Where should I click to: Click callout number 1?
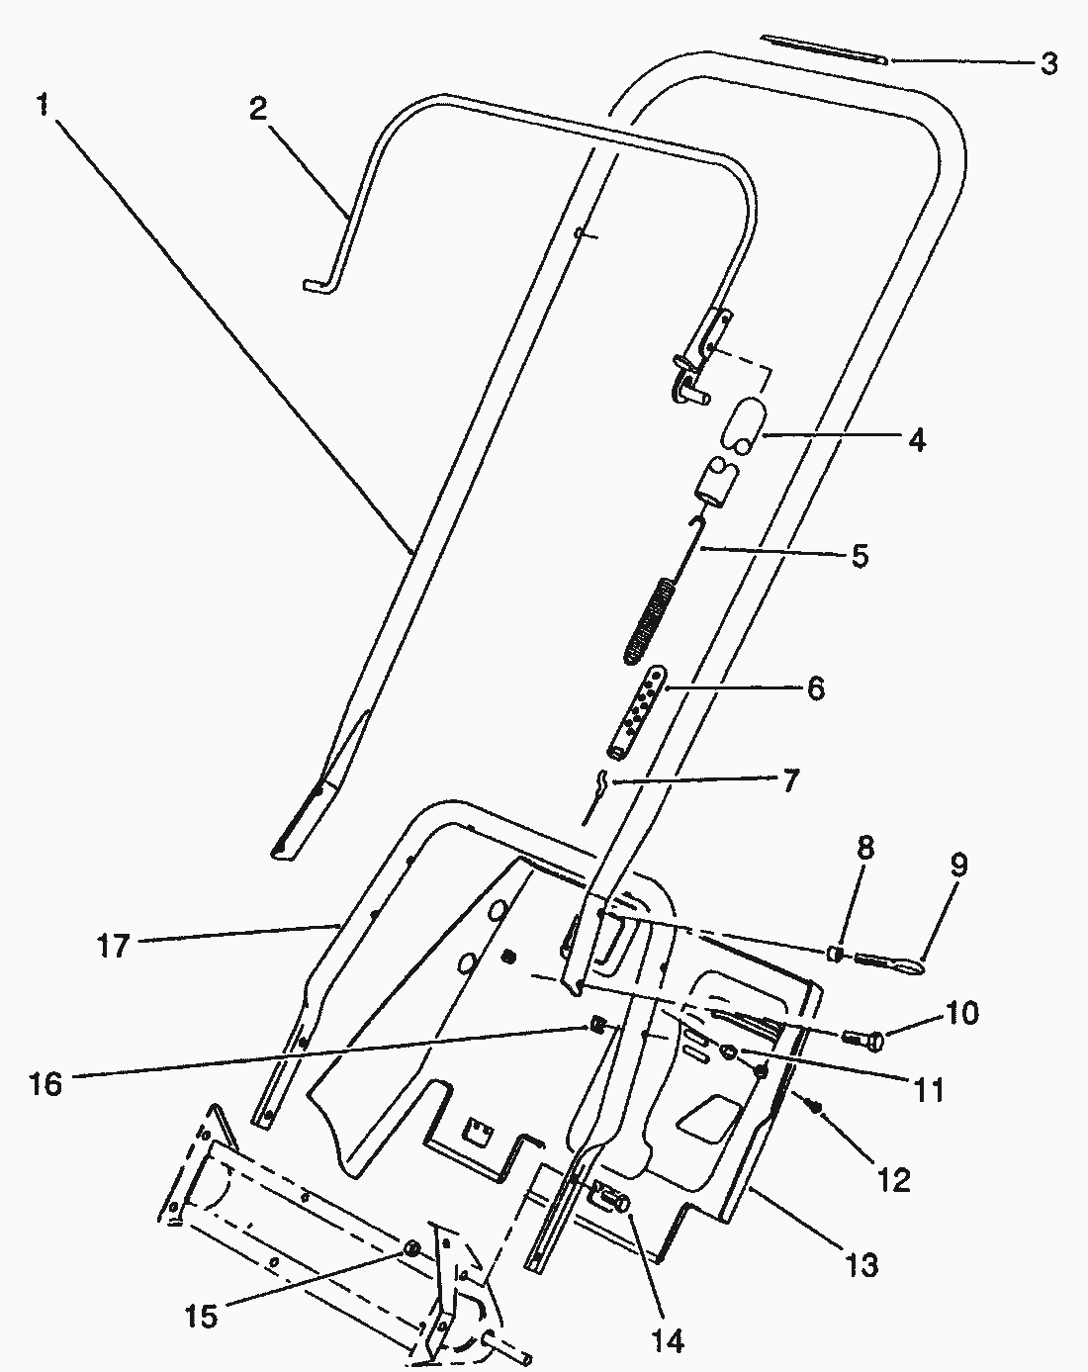coord(43,103)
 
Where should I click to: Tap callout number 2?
coord(258,108)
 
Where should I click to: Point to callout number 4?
coord(917,440)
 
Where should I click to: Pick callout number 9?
coord(959,866)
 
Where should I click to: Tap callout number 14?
coord(668,1340)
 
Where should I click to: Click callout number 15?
coord(201,1318)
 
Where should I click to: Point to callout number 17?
coord(113,946)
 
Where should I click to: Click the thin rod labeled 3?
coord(823,49)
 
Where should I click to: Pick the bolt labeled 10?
coord(863,1040)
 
